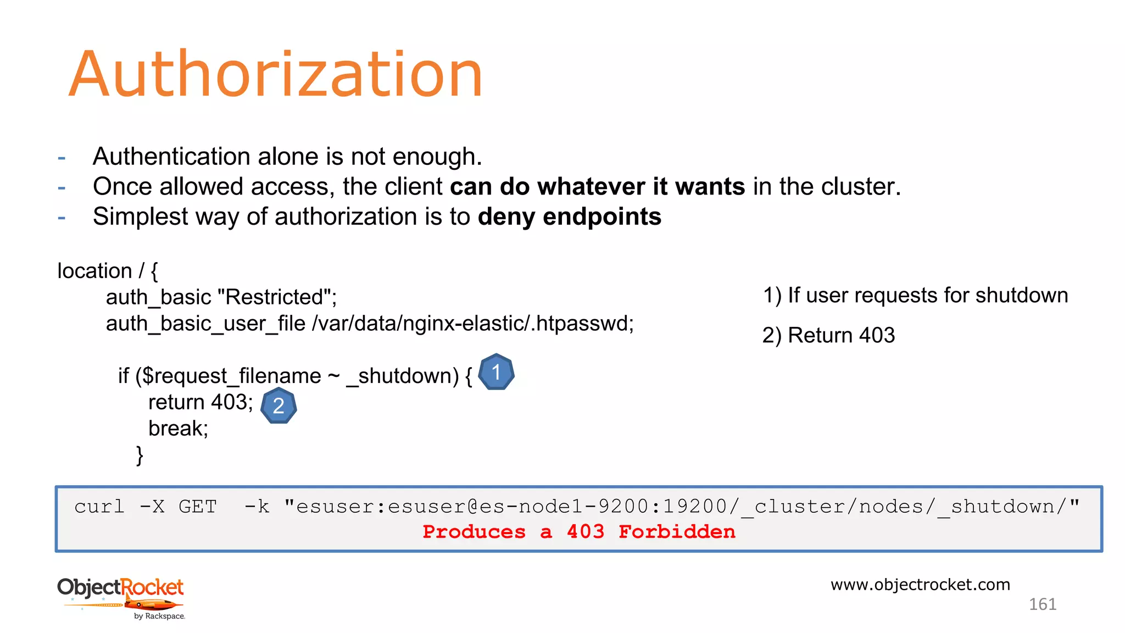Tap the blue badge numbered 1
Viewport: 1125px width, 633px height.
[x=496, y=373]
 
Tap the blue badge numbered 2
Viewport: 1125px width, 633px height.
[x=279, y=406]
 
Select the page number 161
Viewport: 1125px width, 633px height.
[x=1042, y=604]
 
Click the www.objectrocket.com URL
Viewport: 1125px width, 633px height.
[x=920, y=584]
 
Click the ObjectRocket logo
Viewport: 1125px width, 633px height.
[x=121, y=597]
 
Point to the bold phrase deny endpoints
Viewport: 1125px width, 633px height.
[x=569, y=216]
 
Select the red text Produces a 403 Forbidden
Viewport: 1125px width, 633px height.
[x=579, y=531]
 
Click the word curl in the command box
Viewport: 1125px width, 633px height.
[x=99, y=506]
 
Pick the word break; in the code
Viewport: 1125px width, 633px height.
[x=178, y=429]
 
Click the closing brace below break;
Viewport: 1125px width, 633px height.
[x=140, y=455]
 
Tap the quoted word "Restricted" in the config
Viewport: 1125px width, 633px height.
[x=276, y=297]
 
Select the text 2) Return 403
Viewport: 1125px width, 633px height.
[x=828, y=335]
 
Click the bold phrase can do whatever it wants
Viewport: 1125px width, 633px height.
[x=597, y=187]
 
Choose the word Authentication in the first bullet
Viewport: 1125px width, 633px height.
[x=172, y=157]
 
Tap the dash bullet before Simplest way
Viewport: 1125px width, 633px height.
[x=62, y=218]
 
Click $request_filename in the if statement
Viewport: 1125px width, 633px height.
[x=232, y=376]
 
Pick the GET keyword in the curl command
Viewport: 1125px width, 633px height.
[x=198, y=506]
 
